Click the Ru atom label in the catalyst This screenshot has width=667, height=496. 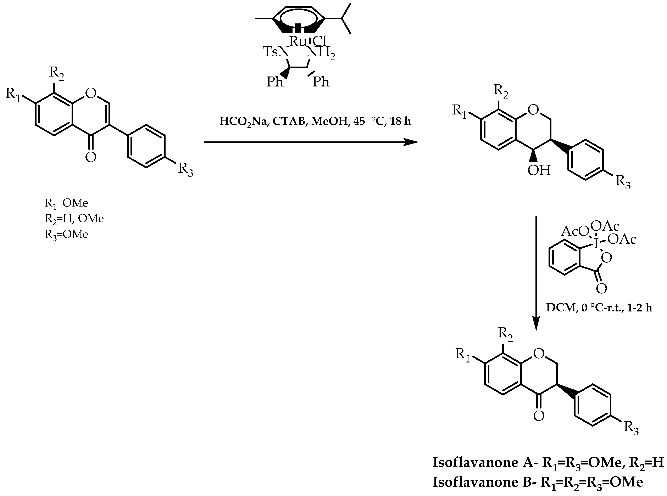point(297,42)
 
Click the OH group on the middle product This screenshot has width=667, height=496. point(539,170)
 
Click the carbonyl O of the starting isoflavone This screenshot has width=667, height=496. point(91,157)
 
